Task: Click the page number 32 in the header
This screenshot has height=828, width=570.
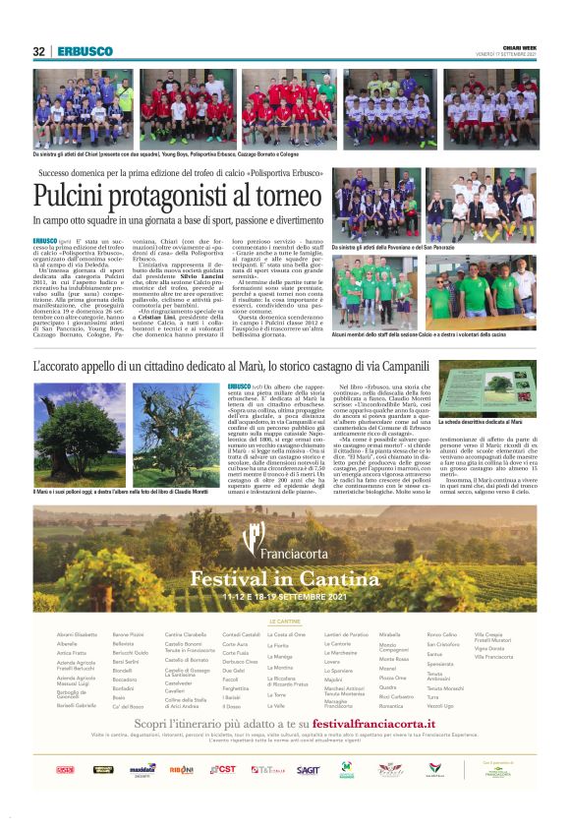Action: [39, 51]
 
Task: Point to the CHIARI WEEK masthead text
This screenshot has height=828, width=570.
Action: [519, 46]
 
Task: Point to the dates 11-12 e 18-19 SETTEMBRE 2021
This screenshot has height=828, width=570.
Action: [285, 596]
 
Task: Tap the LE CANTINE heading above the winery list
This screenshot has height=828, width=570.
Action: [285, 621]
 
